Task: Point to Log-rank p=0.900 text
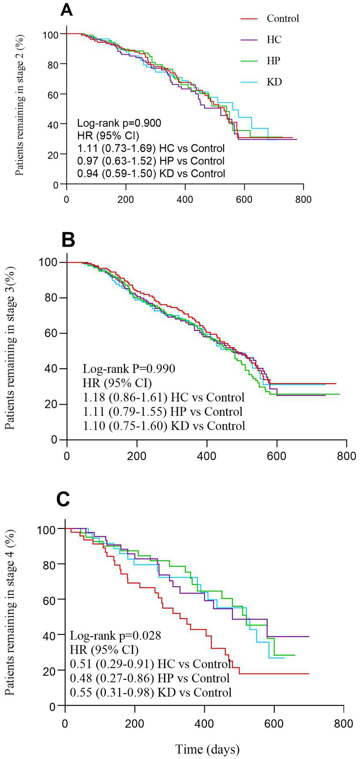tap(119, 123)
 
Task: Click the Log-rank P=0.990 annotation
tap(129, 368)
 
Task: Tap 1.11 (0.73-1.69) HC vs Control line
tap(151, 148)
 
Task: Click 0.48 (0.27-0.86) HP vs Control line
tap(150, 678)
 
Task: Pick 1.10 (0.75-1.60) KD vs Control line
tap(164, 425)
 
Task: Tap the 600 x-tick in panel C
tap(274, 723)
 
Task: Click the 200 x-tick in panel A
tap(126, 199)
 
